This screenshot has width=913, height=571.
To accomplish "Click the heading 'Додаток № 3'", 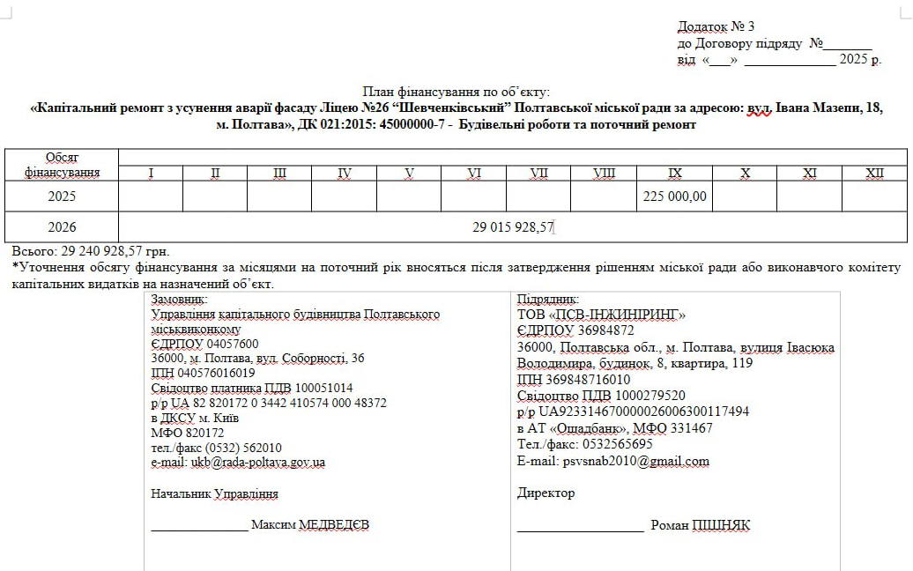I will coord(716,26).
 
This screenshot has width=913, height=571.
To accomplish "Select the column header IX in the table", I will coord(675,174).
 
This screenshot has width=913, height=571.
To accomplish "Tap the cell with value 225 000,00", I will coord(675,197).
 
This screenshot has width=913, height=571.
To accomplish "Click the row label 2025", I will coord(62,197).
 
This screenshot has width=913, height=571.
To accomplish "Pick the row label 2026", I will coord(62,227).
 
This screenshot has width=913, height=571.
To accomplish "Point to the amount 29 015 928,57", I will coord(512,227).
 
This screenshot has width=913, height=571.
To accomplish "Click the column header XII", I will coord(874,174).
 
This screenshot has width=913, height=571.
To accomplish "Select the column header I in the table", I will coord(151,174).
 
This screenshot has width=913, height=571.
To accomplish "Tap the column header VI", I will coord(474,174).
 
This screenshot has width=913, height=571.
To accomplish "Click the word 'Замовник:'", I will coord(180,300).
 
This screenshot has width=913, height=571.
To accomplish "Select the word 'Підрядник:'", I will coord(548,300).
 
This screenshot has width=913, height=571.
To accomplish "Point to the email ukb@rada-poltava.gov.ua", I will coord(238,462).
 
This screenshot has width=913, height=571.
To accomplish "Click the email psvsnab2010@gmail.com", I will coord(612,461).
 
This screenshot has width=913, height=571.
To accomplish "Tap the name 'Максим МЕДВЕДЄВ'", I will coord(310,525).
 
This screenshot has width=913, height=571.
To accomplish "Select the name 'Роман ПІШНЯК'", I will coord(700,525).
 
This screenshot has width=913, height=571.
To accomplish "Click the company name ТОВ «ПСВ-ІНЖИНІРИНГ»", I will coord(601,315).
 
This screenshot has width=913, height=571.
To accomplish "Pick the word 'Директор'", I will coord(546,493).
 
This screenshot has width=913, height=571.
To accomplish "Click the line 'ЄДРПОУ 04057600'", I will coord(205,344).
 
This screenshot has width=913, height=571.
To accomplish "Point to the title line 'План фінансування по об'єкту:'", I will coord(456,92).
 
